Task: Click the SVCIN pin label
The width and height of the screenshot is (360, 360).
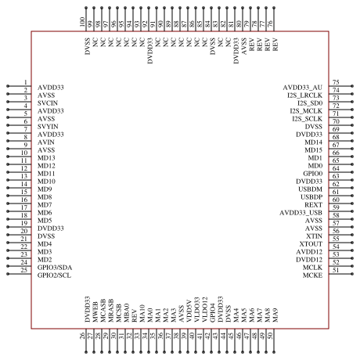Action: click(x=48, y=103)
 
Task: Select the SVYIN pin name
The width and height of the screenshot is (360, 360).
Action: click(x=48, y=127)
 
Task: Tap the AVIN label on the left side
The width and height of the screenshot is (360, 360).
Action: click(x=46, y=142)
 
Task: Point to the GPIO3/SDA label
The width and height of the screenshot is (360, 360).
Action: click(x=55, y=268)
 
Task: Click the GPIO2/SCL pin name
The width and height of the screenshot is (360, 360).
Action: click(x=54, y=275)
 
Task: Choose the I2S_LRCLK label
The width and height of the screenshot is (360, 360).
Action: click(x=304, y=95)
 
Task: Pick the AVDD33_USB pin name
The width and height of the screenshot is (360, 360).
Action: click(x=301, y=213)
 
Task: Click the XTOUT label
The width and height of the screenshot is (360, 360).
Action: click(x=311, y=244)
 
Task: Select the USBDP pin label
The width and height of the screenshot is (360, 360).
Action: click(x=311, y=197)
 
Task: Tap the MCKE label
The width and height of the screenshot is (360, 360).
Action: click(x=312, y=275)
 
